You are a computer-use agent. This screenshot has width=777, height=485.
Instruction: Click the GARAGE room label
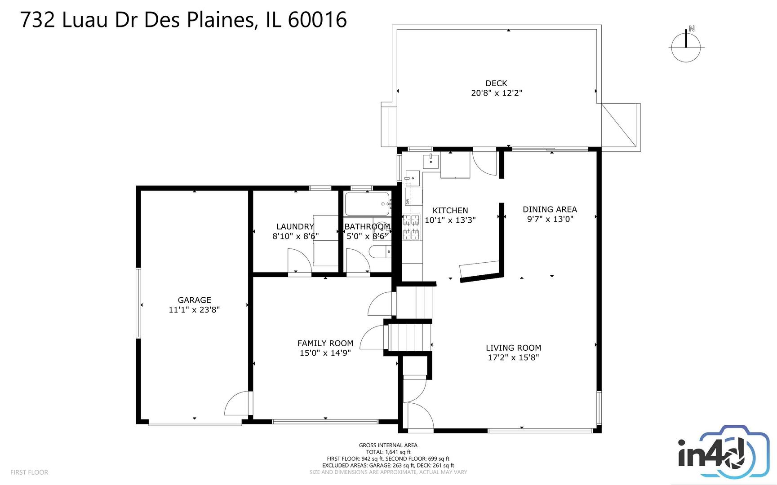(194, 300)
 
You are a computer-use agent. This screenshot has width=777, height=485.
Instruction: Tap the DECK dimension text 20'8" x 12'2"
(497, 93)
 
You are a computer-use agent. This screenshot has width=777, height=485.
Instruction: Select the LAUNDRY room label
(295, 227)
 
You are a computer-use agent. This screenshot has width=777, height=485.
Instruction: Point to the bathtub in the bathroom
(367, 204)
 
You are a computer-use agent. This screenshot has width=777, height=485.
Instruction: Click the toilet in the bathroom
(380, 252)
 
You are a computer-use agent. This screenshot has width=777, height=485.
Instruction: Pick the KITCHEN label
(450, 210)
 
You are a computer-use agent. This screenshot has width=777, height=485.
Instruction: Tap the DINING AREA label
(550, 209)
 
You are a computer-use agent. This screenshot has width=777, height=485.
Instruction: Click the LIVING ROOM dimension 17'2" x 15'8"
(513, 357)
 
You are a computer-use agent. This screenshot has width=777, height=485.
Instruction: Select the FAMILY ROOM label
(325, 343)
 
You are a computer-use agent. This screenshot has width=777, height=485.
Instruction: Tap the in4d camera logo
(723, 453)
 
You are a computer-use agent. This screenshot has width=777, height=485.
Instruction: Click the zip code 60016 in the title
(317, 20)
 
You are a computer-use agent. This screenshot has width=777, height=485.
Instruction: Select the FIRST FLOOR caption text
(29, 472)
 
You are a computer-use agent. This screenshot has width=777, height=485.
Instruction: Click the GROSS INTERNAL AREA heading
(388, 445)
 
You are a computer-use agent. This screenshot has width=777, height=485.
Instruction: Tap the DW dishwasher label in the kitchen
(408, 201)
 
